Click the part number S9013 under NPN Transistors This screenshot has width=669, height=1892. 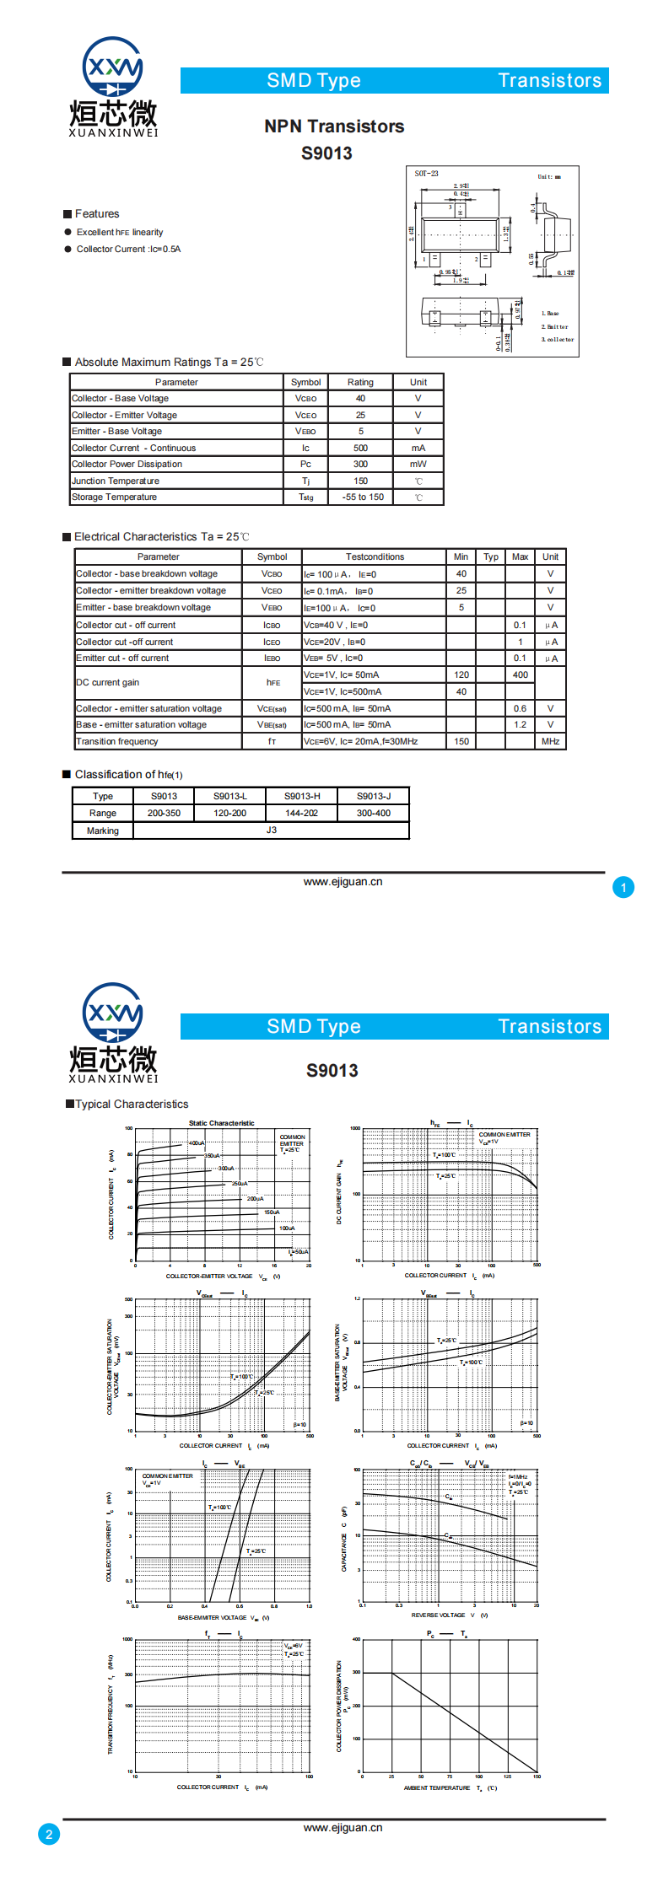[x=326, y=153]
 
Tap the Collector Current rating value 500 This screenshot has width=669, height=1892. [x=360, y=448]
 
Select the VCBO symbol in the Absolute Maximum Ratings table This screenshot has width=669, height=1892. [x=305, y=399]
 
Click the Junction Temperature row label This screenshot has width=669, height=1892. [x=116, y=481]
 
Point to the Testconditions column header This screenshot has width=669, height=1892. [x=375, y=556]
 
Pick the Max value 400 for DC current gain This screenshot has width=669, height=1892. [x=520, y=675]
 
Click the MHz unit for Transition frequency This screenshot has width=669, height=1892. [x=550, y=741]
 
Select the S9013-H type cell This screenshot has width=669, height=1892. [x=301, y=796]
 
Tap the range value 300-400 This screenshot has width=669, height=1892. [x=373, y=813]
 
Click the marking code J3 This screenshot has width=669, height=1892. [x=271, y=830]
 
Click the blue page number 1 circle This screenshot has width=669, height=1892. [x=623, y=887]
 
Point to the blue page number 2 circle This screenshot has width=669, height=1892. [x=49, y=1833]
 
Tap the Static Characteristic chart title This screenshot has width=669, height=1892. [x=221, y=1123]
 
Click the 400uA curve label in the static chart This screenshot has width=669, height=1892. [x=196, y=1143]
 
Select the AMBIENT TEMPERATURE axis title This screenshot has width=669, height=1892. [x=437, y=1787]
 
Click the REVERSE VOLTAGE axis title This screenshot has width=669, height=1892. [x=438, y=1615]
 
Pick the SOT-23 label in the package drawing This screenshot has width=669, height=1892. [x=426, y=174]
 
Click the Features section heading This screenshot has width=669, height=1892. [x=97, y=214]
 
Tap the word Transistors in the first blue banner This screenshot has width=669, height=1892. [x=549, y=81]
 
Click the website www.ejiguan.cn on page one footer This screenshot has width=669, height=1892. [x=343, y=881]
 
